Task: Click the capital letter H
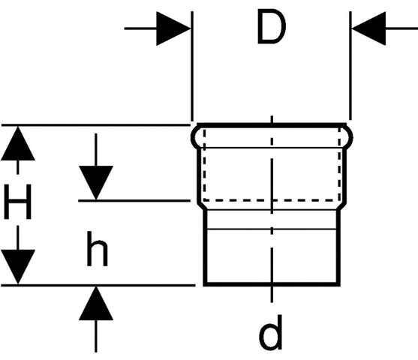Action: pos(18,202)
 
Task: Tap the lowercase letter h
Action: pos(98,248)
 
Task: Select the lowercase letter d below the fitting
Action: pos(271,332)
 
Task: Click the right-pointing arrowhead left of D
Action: pos(173,28)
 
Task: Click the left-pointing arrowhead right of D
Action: pos(368,28)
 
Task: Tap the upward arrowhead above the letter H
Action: pos(18,143)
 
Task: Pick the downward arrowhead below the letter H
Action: pos(18,267)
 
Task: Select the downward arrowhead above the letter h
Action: pos(96,183)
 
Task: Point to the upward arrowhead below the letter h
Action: pos(96,303)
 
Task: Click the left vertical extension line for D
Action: pos(192,66)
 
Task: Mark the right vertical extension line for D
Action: pos(350,66)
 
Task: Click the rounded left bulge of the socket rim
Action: pos(194,137)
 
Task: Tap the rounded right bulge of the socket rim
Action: pos(350,137)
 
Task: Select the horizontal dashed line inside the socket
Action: pos(272,199)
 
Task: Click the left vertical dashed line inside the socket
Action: pos(204,164)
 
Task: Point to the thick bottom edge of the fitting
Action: pos(272,284)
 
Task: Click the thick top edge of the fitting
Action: pos(272,125)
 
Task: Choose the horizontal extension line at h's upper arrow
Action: pos(134,200)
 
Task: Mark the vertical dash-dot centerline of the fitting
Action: pos(272,209)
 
